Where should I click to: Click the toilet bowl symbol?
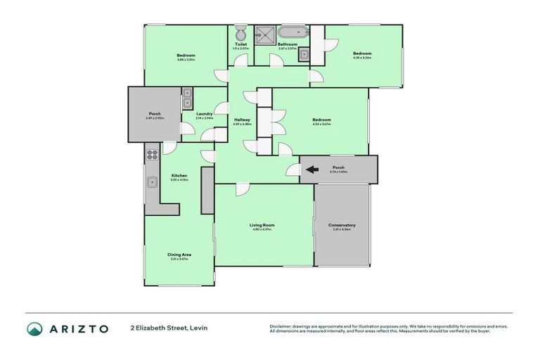[x=240, y=33]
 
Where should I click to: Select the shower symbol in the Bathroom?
[x=266, y=33]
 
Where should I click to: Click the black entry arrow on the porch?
[x=312, y=169]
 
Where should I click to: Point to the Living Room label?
[x=262, y=225]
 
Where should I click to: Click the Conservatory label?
[x=342, y=225]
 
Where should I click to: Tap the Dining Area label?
[x=179, y=254]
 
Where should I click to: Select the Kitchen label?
[x=179, y=175]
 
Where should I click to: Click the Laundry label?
[x=205, y=114]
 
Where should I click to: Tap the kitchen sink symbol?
[x=151, y=182]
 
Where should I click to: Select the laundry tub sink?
[x=187, y=98]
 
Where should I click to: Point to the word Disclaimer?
[x=283, y=326]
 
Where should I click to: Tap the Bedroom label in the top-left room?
[x=186, y=56]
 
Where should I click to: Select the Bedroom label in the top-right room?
[x=362, y=53]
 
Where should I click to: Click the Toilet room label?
[x=241, y=44]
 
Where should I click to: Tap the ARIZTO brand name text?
[x=79, y=328]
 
